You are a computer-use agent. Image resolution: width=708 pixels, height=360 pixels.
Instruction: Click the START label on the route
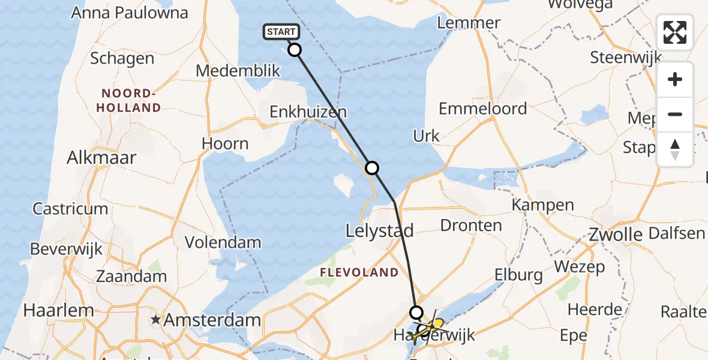pos(280,32)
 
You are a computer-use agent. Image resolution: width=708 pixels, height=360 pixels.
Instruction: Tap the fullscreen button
pos(675,32)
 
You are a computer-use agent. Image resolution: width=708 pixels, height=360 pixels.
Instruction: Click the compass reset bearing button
pos(675,149)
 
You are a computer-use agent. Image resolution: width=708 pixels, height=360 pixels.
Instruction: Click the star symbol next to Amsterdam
pos(156,320)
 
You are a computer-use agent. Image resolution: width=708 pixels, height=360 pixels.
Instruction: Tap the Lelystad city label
pos(380,231)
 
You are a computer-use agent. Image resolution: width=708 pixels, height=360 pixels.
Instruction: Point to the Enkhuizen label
pos(308,112)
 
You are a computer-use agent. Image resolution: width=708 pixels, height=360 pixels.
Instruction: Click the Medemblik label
pos(238,71)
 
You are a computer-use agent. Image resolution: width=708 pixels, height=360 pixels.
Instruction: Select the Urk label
pos(427,136)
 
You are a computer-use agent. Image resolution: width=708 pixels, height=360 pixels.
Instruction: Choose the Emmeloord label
pos(483,109)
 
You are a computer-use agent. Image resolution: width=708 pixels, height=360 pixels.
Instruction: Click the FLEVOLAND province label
pos(359,272)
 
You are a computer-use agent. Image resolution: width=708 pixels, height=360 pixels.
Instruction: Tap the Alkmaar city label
pos(101,158)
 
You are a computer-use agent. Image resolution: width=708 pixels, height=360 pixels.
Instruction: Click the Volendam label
pos(223,242)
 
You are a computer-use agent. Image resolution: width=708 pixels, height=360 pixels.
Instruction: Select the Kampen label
pos(543,205)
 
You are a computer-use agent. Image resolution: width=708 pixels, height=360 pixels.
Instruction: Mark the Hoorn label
pos(225,144)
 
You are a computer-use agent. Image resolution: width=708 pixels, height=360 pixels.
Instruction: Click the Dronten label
pos(471,226)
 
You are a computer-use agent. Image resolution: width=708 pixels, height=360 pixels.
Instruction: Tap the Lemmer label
pos(469,23)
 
